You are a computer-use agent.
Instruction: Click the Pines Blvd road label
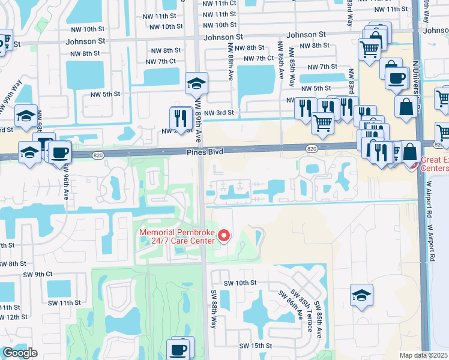click(x=208, y=152)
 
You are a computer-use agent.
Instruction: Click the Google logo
click(x=19, y=353)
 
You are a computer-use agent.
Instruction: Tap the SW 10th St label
click(x=240, y=283)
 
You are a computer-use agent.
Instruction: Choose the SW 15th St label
click(x=256, y=346)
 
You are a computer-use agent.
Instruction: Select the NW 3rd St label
click(x=218, y=113)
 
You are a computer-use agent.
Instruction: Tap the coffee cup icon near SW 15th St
click(x=178, y=349)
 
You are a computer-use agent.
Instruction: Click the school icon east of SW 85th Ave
click(x=362, y=295)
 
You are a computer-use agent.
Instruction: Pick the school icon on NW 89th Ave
click(x=196, y=83)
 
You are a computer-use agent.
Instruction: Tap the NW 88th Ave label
click(x=230, y=64)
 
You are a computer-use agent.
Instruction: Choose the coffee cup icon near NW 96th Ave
click(x=59, y=151)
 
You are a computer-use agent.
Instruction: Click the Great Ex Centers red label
click(x=434, y=164)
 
